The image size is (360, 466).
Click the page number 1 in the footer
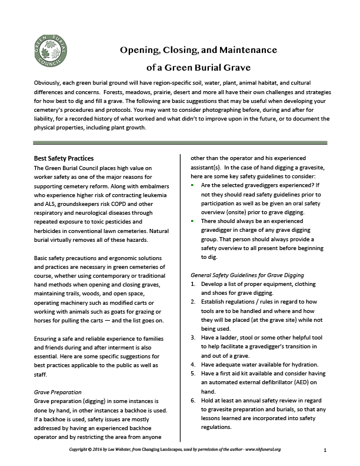325,450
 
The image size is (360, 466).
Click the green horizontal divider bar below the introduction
179,142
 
